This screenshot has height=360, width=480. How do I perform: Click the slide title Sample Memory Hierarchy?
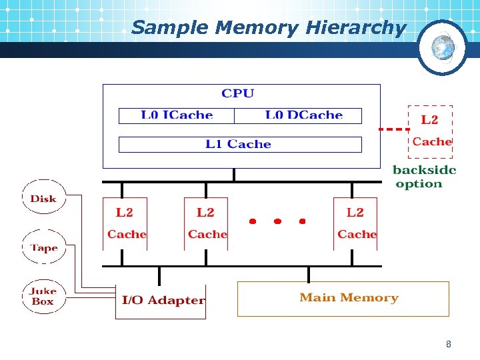268,28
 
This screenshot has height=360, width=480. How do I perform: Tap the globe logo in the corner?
442,47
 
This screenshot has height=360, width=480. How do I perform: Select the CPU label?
238,94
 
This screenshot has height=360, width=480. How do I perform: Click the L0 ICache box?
177,115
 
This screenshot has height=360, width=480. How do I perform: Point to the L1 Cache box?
239,144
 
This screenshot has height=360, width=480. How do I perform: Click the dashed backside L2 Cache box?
430,130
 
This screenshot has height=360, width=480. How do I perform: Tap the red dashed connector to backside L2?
393,129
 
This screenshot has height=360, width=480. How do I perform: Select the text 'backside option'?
424,177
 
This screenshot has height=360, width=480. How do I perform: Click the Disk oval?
43,198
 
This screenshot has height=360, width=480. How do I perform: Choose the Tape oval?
44,247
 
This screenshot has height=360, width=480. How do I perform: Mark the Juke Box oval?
43,296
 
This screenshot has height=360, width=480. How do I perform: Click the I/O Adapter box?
163,300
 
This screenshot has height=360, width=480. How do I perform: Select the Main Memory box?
343,298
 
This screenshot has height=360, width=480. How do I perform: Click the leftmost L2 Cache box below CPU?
125,223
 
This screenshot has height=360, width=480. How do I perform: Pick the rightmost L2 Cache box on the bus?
356,223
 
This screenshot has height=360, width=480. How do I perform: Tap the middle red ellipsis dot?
277,221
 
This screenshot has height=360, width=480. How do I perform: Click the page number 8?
448,345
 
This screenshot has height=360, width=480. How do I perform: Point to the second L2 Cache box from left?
206,223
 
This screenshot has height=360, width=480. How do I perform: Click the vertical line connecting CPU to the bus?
234,175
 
